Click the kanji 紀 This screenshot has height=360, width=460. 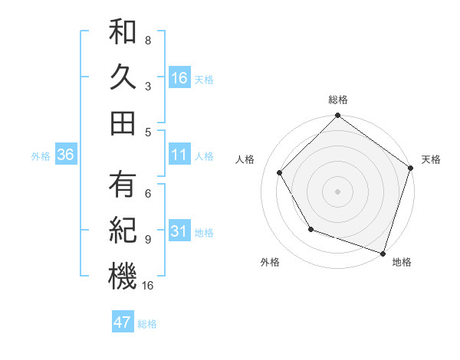pos(123,230)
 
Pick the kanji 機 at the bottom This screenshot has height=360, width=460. pos(123,276)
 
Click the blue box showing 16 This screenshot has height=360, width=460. pos(179,77)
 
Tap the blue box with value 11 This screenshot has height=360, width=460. pos(179,155)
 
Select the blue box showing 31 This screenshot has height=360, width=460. pos(179,231)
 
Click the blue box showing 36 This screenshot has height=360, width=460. pos(65,155)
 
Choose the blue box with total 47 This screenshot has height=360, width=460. pos(123,322)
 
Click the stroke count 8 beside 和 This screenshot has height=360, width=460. pos(147,40)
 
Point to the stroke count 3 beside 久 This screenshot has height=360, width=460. pos(147,87)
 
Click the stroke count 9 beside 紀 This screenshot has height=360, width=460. pos(147,239)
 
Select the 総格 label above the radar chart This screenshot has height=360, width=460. pos(338,100)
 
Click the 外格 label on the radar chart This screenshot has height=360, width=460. pos(269,262)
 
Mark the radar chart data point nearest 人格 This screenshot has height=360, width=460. pos(280,172)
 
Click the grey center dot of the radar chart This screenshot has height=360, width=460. pos(337,191)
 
